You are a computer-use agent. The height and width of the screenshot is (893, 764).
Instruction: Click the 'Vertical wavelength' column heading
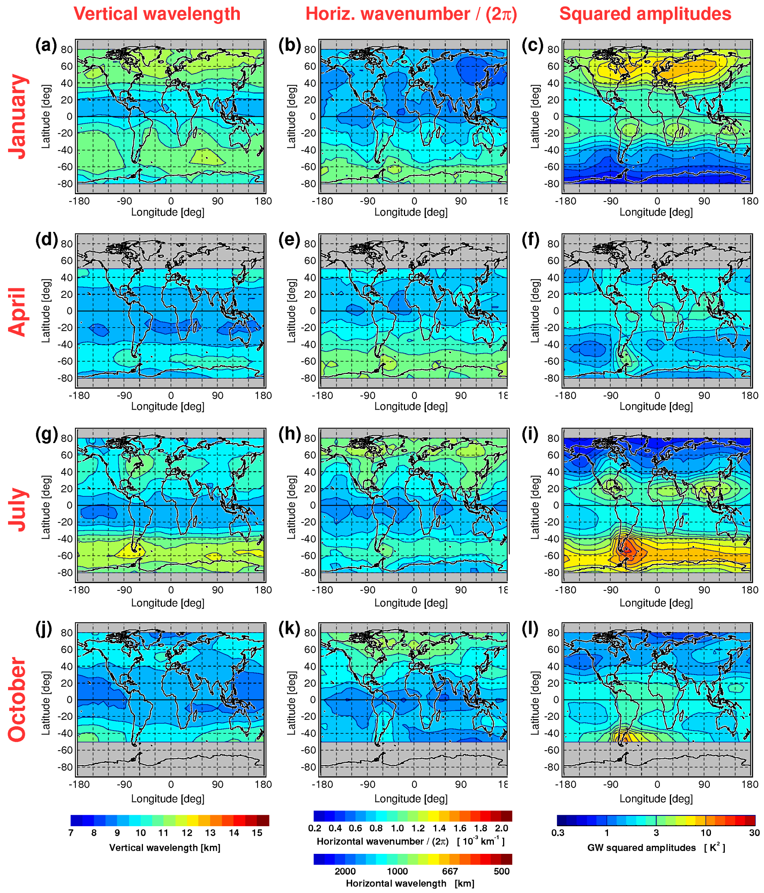[157, 14]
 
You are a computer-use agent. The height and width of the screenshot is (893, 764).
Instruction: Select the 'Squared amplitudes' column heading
[645, 14]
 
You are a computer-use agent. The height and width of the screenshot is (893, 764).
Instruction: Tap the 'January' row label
[18, 116]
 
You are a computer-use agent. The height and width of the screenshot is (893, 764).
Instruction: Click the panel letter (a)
[46, 45]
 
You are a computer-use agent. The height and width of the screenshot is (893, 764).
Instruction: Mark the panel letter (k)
[289, 628]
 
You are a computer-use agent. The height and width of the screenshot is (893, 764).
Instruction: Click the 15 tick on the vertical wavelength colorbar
[257, 833]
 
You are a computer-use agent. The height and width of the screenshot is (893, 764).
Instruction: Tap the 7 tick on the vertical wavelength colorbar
[71, 833]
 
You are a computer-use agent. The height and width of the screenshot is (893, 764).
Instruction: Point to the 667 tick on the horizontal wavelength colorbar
[450, 871]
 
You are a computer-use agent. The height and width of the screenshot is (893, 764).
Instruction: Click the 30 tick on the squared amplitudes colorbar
[754, 833]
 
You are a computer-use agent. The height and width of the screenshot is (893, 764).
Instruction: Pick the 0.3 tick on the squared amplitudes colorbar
[558, 833]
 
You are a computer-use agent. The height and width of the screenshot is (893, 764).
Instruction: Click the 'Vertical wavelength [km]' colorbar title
[165, 848]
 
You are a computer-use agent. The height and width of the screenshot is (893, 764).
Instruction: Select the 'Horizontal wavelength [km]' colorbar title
[410, 883]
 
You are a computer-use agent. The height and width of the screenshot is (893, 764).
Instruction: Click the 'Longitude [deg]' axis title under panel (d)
[168, 407]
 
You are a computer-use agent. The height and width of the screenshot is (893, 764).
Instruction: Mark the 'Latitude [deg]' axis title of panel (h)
[292, 507]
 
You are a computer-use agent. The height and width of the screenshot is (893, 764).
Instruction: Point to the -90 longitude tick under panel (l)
[610, 784]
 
